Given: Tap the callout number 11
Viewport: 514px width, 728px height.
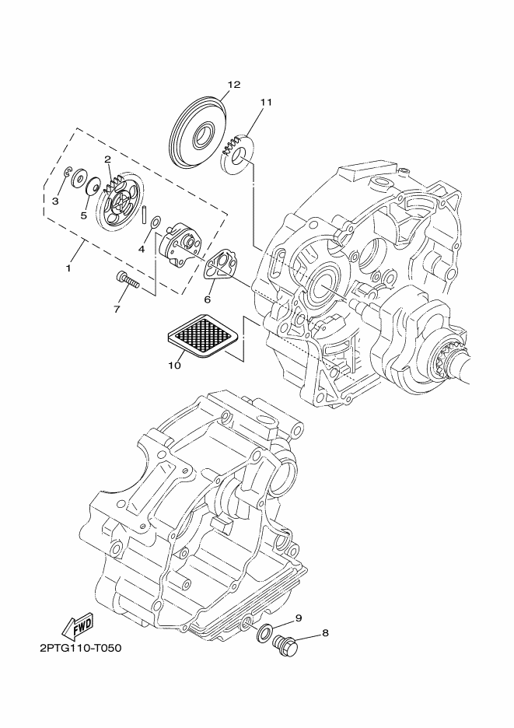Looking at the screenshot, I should coord(267,102).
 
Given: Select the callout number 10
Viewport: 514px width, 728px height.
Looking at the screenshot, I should coord(174,364).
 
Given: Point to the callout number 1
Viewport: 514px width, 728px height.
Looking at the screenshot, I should coord(68,268).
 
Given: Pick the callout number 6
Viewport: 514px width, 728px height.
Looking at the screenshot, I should coord(208,299).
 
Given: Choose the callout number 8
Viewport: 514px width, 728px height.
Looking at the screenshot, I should coord(325,632).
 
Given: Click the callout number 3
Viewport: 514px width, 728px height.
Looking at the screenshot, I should coord(54,201).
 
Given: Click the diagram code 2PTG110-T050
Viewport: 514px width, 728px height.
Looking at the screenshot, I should coord(79,647).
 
